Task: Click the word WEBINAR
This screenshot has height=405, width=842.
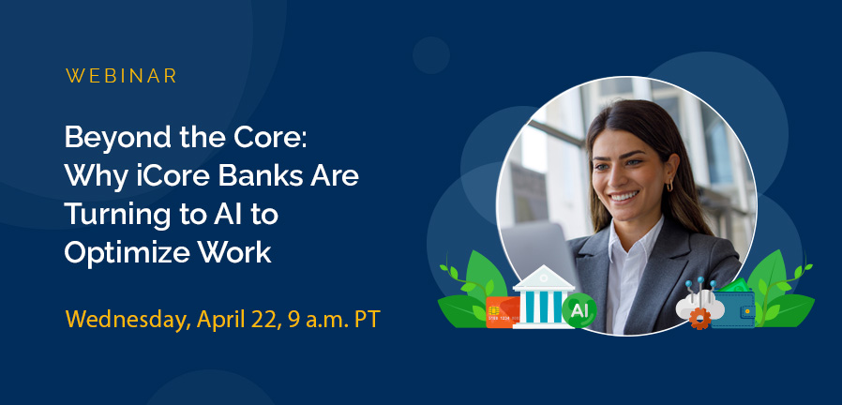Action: (x=122, y=76)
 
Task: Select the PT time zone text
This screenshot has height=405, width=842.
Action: (x=367, y=318)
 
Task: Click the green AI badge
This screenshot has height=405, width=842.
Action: (x=579, y=308)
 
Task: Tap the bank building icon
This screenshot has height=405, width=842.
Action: (x=543, y=295)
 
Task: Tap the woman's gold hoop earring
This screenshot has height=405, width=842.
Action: (x=669, y=187)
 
